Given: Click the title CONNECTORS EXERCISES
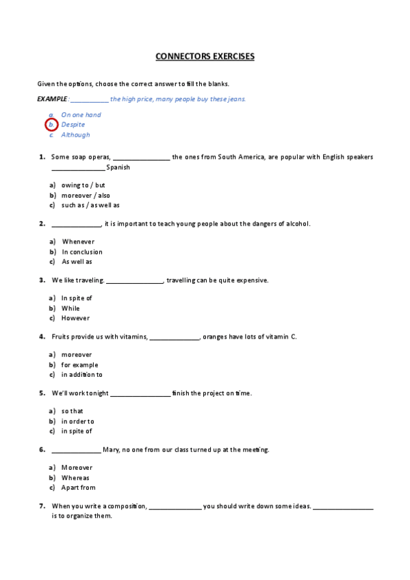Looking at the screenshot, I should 205,56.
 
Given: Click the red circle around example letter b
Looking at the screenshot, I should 51,124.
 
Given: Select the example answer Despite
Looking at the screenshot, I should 73,124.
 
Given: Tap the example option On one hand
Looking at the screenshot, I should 81,115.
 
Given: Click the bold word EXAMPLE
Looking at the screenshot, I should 52,99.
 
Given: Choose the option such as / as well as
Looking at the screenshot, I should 90,205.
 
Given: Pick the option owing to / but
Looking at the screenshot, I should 83,185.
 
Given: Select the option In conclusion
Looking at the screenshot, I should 82,252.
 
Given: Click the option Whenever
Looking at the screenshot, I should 78,241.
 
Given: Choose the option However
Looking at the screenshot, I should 75,318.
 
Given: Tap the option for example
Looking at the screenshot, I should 79,365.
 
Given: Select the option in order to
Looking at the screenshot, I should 78,421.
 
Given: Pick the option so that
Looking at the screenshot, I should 72,411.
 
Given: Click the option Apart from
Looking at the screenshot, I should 79,488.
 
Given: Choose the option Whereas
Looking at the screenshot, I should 75,478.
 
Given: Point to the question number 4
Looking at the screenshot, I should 42,337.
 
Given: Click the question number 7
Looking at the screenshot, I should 42,506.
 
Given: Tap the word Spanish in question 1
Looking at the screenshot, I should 118,168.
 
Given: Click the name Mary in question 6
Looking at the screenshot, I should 111,450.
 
